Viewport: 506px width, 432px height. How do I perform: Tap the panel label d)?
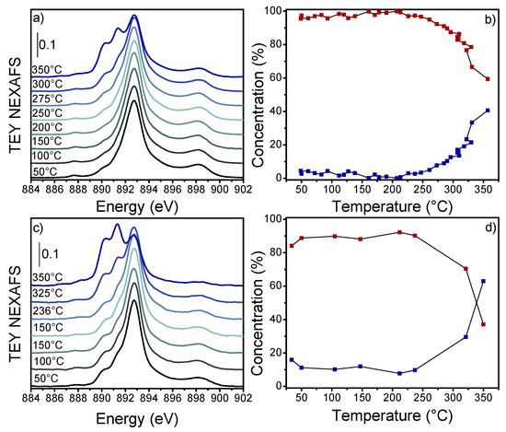coord(485,227)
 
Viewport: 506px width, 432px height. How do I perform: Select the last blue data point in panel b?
coord(488,111)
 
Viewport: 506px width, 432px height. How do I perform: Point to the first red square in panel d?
coord(292,246)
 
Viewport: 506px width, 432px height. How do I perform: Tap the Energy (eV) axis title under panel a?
coord(136,207)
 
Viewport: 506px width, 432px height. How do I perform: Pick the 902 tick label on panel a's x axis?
coord(242,190)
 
